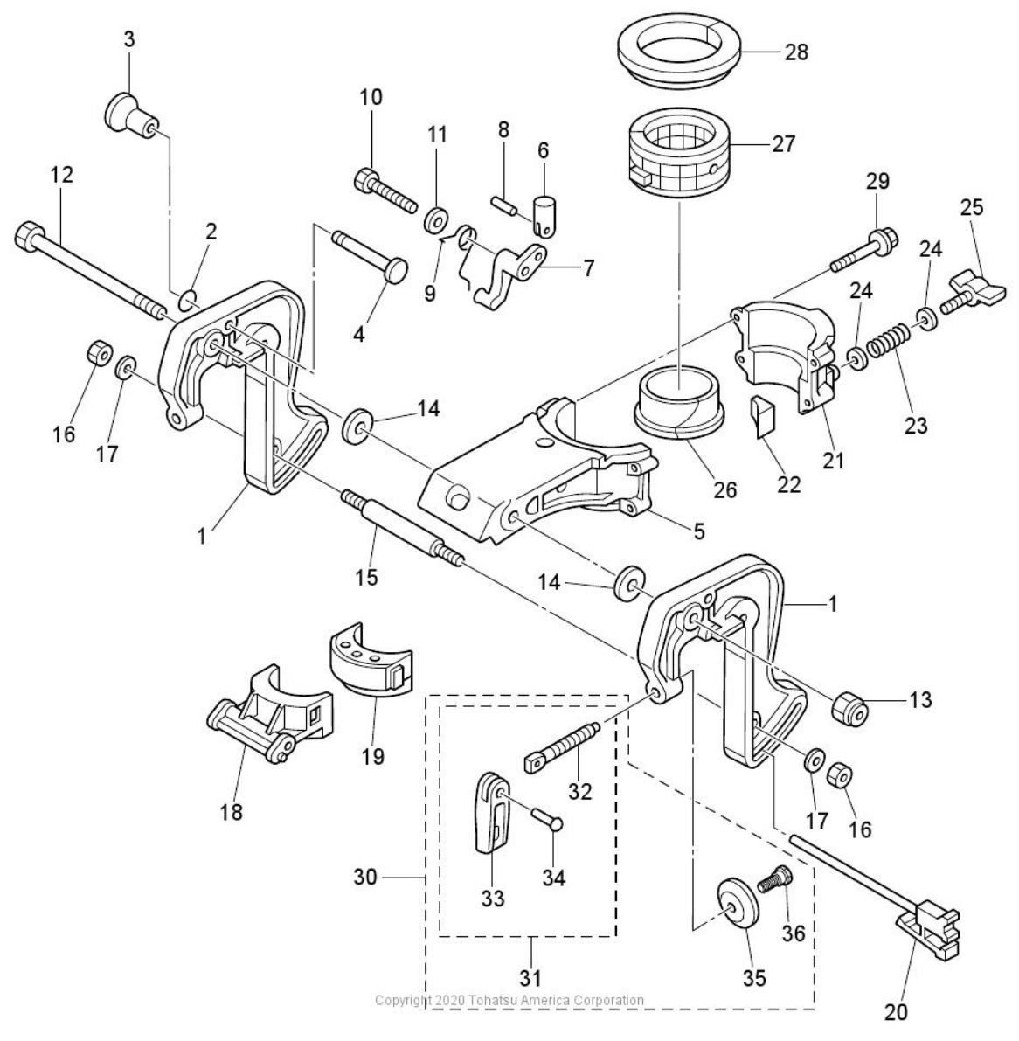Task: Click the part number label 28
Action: coord(796,52)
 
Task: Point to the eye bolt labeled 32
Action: coord(562,745)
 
